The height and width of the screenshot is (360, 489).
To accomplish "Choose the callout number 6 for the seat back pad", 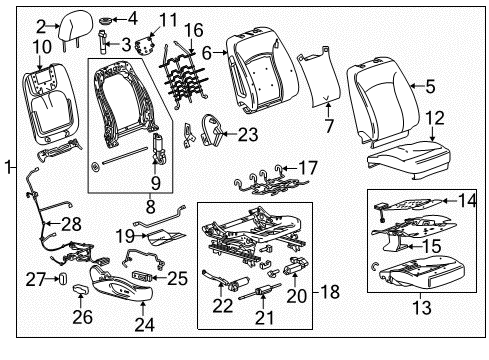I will point(207,53).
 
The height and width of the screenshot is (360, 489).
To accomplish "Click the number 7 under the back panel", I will point(326,126).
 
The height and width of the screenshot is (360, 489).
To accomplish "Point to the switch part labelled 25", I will point(141,276).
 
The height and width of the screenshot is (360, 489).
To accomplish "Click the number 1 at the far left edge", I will point(7,167).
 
